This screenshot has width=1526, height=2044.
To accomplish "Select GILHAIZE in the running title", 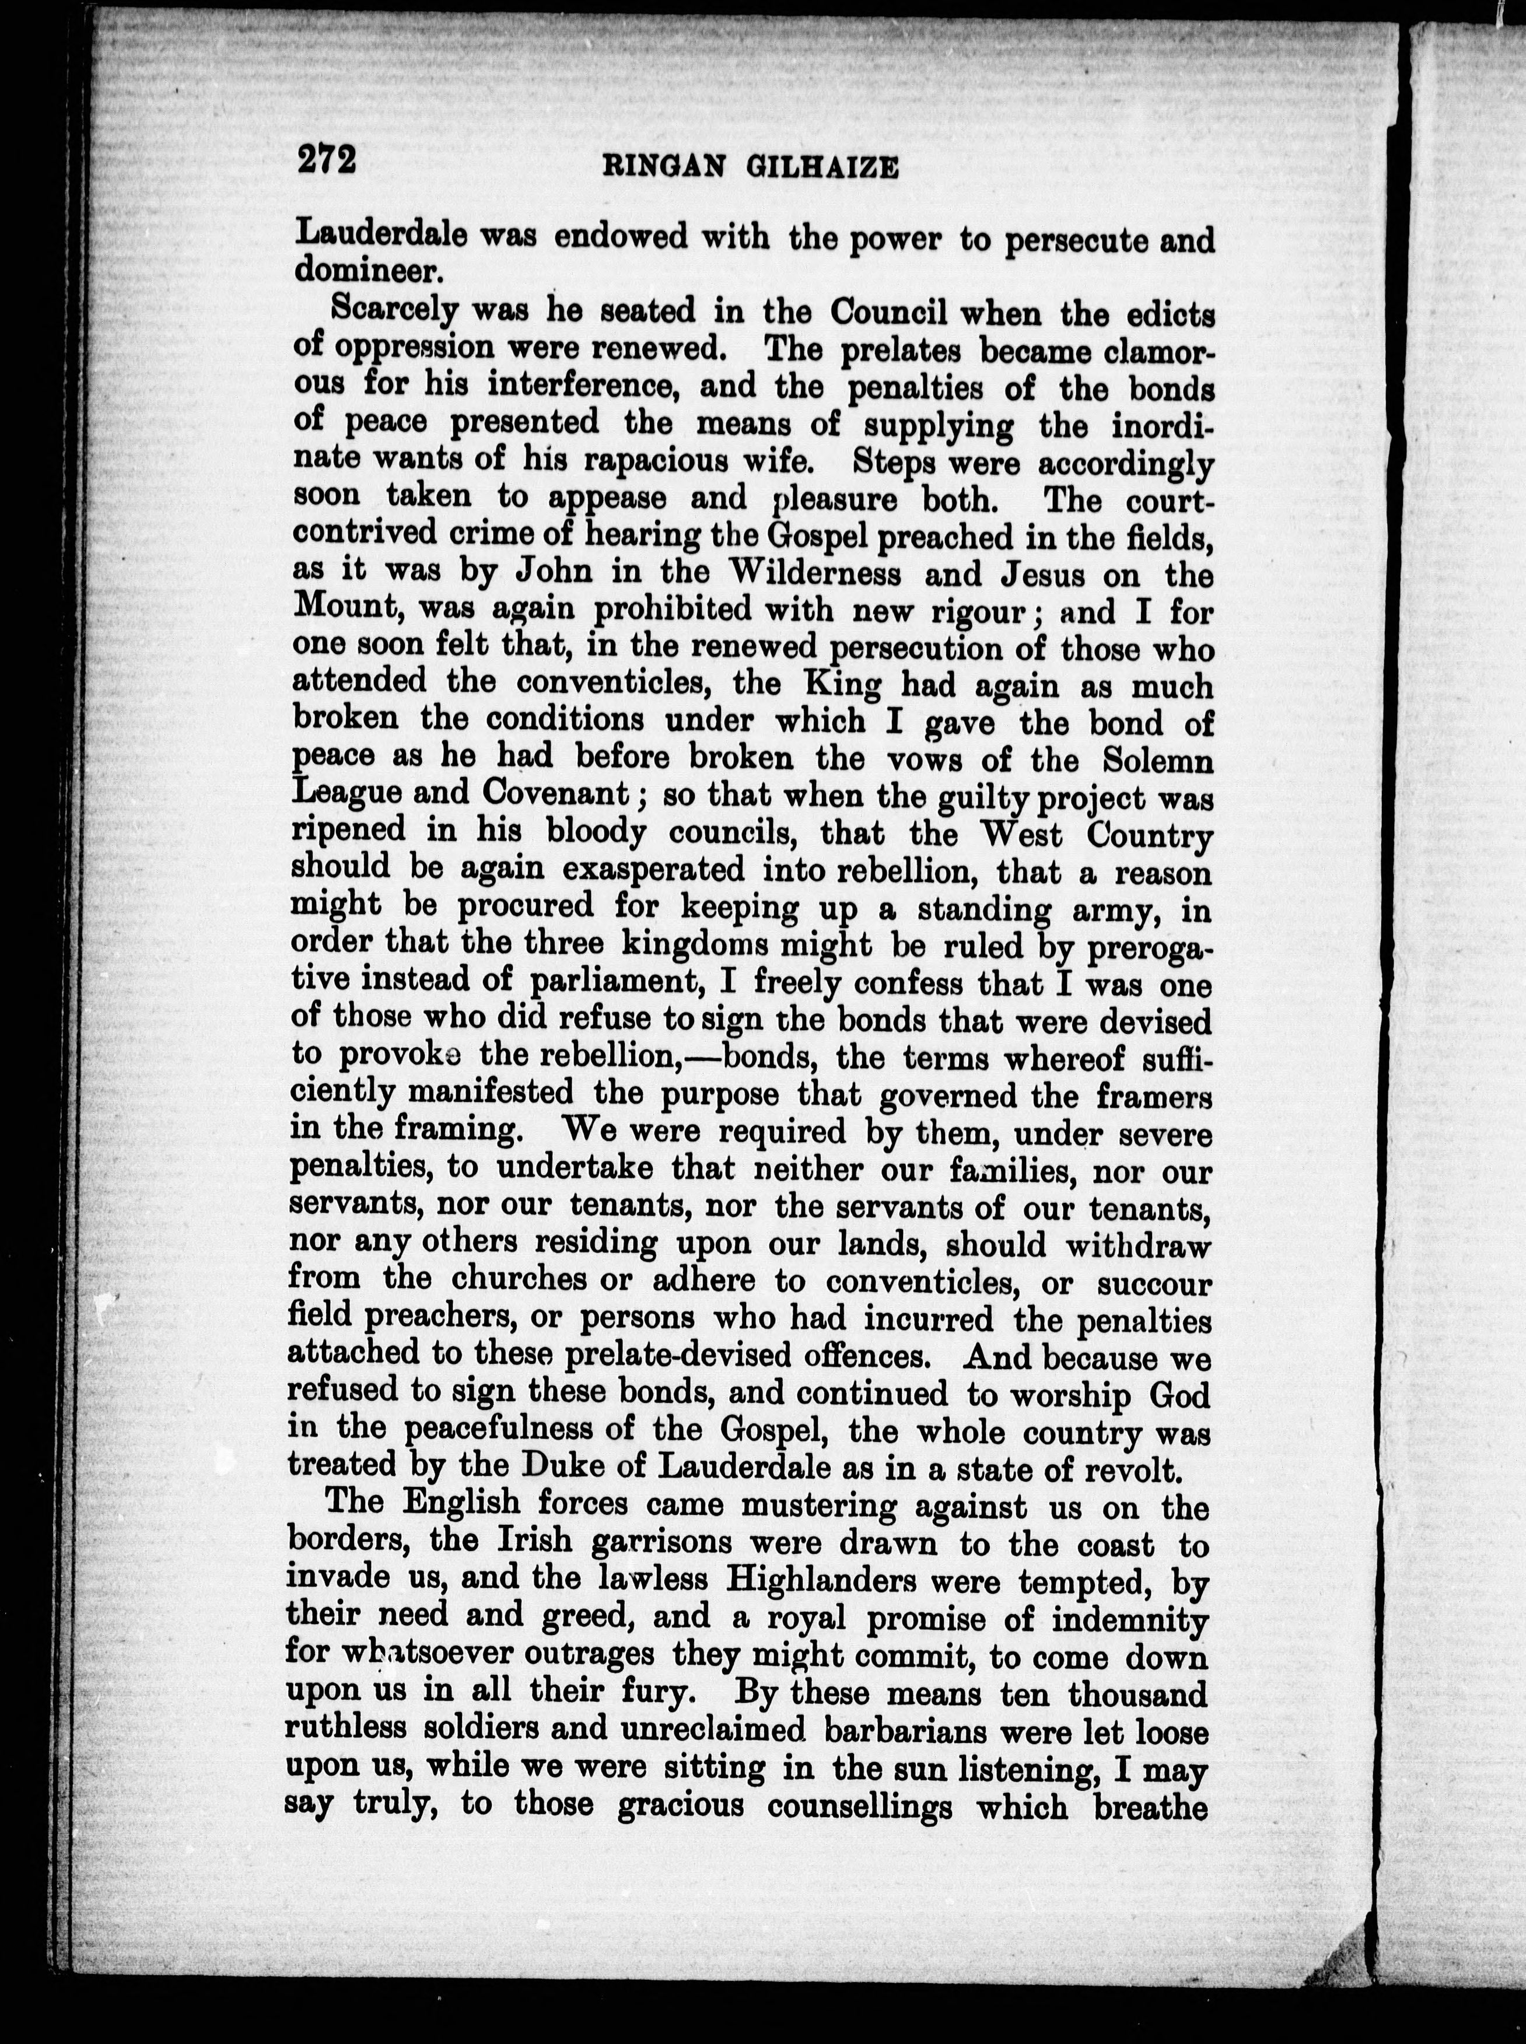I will point(828,168).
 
